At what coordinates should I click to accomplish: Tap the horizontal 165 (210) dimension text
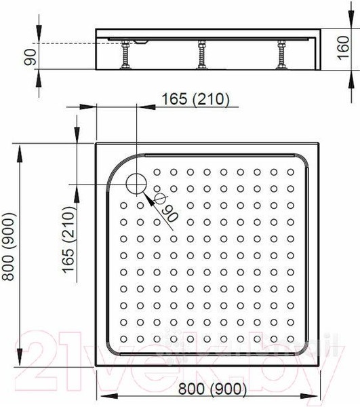[x=196, y=99]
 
